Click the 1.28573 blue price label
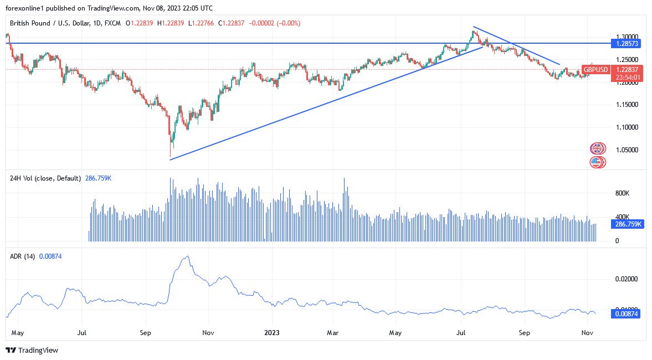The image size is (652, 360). (627, 43)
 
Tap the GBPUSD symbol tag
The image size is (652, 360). (595, 69)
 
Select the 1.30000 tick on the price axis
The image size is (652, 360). (627, 36)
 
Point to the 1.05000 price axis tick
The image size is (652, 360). (627, 150)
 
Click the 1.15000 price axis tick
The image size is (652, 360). (627, 104)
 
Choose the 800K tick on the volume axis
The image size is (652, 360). (623, 193)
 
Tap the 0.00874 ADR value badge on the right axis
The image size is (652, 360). (626, 313)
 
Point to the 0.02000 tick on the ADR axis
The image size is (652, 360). (627, 279)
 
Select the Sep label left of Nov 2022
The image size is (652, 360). (146, 333)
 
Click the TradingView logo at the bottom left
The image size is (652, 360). (32, 350)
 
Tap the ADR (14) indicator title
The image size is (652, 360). (23, 256)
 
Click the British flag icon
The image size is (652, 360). (597, 148)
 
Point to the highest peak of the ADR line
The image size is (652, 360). (187, 256)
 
